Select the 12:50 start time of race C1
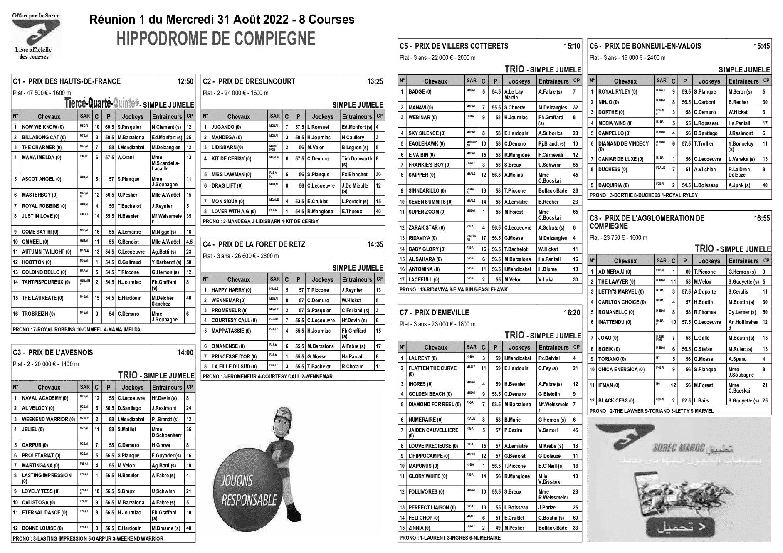click(185, 81)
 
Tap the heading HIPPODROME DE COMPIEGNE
click(216, 39)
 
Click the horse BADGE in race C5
click(420, 92)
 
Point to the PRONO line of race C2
click(260, 222)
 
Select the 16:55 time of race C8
click(761, 218)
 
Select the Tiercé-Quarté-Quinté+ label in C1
click(101, 103)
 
